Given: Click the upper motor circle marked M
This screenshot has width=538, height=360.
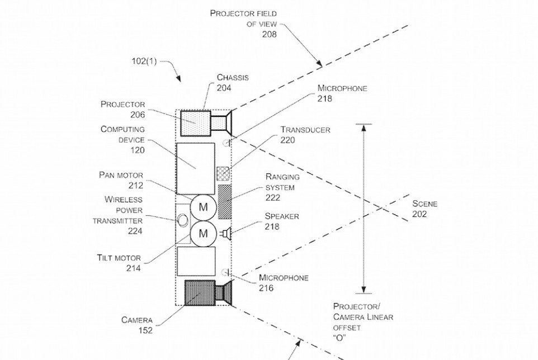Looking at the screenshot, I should pyautogui.click(x=203, y=207).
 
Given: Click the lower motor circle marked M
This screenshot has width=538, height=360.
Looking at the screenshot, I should pyautogui.click(x=203, y=233).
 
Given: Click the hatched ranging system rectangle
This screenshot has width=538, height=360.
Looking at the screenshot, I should pyautogui.click(x=224, y=201).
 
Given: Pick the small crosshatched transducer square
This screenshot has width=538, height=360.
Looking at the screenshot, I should pyautogui.click(x=223, y=173).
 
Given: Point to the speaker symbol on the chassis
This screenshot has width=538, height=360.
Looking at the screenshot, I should pyautogui.click(x=226, y=233).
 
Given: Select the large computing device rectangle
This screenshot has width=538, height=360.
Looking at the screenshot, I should pyautogui.click(x=195, y=164).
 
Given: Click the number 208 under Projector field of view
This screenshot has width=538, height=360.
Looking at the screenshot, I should pyautogui.click(x=269, y=35).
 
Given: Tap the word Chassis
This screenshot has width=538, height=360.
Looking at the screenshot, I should pyautogui.click(x=232, y=77).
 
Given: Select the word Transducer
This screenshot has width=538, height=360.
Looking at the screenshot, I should pyautogui.click(x=305, y=130).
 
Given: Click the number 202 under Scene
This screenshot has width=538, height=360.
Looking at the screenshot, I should pyautogui.click(x=420, y=214).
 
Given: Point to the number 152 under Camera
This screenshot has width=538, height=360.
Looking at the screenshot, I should pyautogui.click(x=145, y=330).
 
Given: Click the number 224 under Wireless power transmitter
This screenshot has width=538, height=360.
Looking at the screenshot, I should pyautogui.click(x=134, y=230).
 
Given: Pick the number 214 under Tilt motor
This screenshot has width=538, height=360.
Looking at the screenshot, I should pyautogui.click(x=133, y=268).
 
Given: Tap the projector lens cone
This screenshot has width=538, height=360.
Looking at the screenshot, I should pyautogui.click(x=224, y=123).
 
